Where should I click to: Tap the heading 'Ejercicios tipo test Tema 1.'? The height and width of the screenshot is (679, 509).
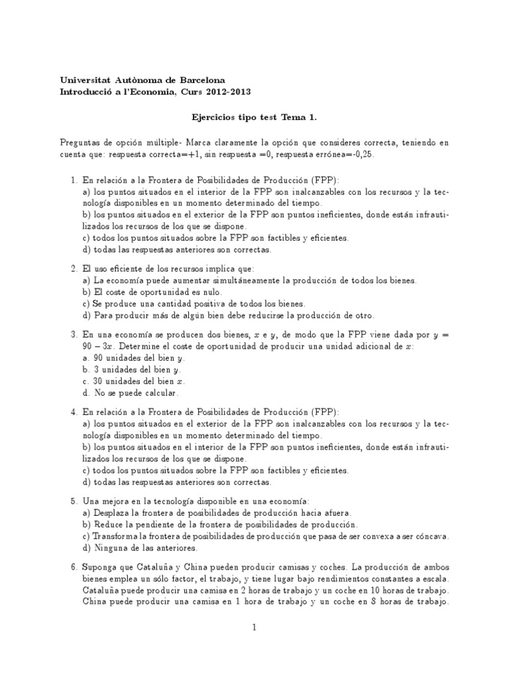(254, 117)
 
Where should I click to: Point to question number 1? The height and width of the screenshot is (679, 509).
(74, 180)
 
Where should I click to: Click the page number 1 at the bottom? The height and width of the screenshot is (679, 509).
(254, 627)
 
